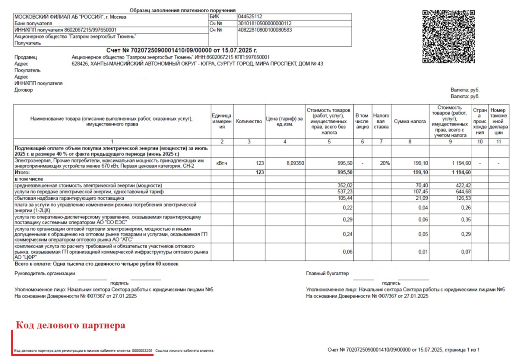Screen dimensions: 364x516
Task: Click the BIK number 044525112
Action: click(250, 17)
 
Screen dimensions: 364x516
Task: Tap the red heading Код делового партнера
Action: click(70, 326)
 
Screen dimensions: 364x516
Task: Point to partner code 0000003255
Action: click(142, 350)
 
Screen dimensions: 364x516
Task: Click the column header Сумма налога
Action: click(410, 121)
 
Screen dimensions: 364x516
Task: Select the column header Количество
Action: click(249, 121)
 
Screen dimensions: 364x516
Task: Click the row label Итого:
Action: click(23, 173)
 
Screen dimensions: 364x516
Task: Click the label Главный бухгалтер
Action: click(328, 274)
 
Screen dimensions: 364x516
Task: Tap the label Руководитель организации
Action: click(45, 274)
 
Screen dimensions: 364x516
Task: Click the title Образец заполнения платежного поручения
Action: click(183, 10)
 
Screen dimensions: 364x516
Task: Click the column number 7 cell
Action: click(381, 142)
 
